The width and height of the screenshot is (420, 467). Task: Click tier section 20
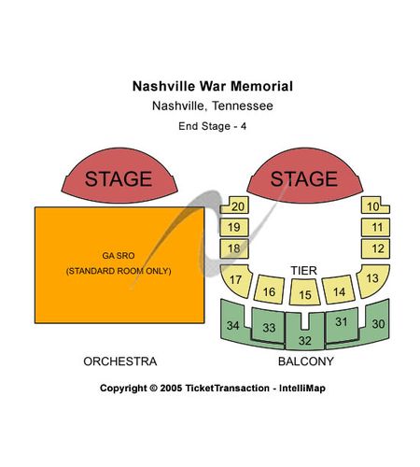coord(235,205)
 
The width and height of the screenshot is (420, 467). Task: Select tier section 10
coord(374,205)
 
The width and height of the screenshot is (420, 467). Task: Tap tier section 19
coord(234,227)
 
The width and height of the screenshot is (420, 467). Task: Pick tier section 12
coord(375,248)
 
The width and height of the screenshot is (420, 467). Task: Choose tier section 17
coord(236,280)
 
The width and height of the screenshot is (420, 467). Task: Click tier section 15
coord(305,292)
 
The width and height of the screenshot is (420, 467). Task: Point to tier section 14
coord(339,290)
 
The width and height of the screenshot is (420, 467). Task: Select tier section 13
coord(372,279)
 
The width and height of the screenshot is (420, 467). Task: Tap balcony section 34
coord(232,325)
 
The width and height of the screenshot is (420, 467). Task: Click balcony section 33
coord(269,326)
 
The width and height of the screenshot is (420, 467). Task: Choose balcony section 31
coord(342,324)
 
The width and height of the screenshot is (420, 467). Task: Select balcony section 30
coord(378,324)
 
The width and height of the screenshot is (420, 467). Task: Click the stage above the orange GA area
coord(119,177)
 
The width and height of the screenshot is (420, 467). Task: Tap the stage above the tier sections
coord(305,177)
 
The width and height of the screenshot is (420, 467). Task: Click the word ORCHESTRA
coord(120,361)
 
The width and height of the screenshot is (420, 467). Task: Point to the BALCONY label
coord(306,361)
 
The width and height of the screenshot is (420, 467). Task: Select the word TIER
coord(304,271)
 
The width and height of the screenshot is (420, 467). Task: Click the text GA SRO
coord(119,256)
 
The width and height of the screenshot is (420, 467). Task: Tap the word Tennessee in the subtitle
coord(243,106)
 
